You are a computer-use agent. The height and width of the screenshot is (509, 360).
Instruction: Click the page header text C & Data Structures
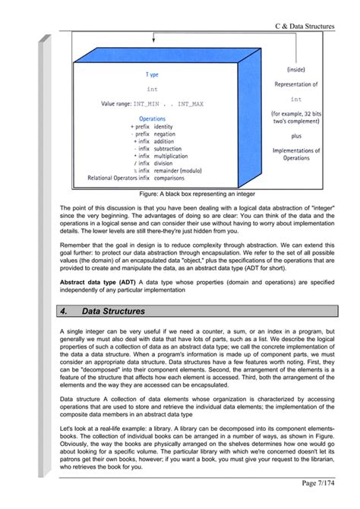click(x=304, y=27)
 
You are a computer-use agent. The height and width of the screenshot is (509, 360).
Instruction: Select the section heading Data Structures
click(x=114, y=311)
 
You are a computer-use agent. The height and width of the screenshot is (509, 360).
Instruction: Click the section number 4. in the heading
click(x=64, y=311)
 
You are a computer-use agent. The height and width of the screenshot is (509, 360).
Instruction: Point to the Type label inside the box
click(x=152, y=75)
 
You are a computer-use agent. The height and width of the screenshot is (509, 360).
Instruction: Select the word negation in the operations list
click(x=164, y=133)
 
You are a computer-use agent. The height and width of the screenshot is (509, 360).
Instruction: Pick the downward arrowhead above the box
click(x=154, y=42)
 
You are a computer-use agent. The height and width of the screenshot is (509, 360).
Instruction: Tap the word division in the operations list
click(x=163, y=162)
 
